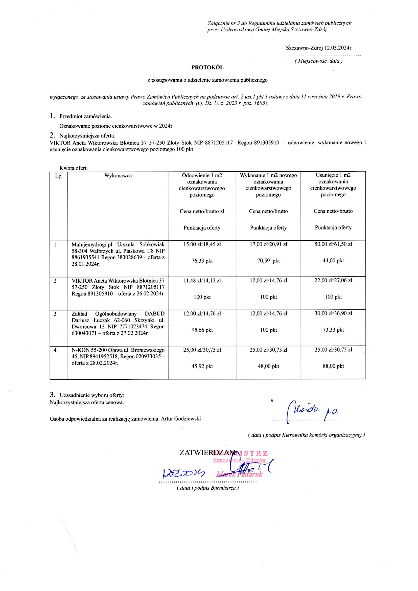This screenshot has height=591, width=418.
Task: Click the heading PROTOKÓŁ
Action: coord(207,68)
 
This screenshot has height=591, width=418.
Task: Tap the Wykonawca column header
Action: coord(118,175)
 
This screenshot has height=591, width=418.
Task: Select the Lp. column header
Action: coord(59,176)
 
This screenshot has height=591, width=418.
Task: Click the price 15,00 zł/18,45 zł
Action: coord(202,244)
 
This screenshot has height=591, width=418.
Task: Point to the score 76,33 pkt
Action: coord(202,261)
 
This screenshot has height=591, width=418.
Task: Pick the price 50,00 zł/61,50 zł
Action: coord(333,244)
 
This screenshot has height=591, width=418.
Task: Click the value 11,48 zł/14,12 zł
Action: coord(202,281)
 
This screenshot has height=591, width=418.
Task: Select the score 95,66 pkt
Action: coord(202,330)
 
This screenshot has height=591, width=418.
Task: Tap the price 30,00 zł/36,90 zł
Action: coord(333,313)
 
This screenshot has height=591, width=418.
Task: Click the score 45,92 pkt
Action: coord(202,366)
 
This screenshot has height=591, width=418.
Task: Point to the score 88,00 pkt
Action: coord(333,366)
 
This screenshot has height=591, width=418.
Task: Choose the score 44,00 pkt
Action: coord(333,261)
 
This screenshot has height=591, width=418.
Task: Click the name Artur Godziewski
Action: coord(181,419)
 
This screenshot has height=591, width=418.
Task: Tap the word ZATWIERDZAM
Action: coord(207,452)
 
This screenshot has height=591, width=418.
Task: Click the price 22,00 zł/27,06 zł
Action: coord(333,280)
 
